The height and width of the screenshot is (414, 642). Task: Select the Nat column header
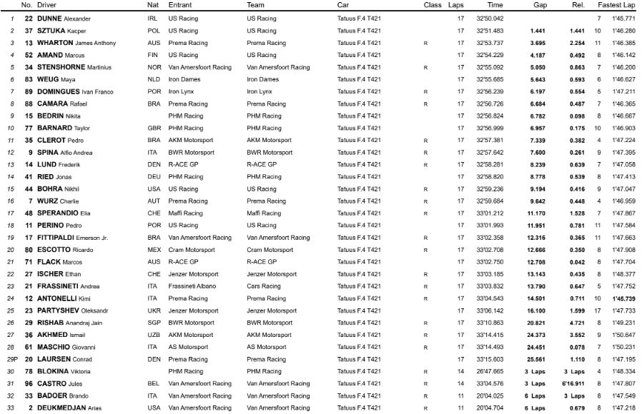click(x=152, y=5)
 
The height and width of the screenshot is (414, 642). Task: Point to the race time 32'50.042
click(x=490, y=18)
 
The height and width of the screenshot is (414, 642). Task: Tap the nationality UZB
click(x=154, y=334)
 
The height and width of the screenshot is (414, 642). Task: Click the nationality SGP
click(x=154, y=322)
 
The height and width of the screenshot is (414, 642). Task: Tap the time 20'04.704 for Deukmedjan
click(x=490, y=408)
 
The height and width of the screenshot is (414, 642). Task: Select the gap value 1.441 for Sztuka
click(x=537, y=31)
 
